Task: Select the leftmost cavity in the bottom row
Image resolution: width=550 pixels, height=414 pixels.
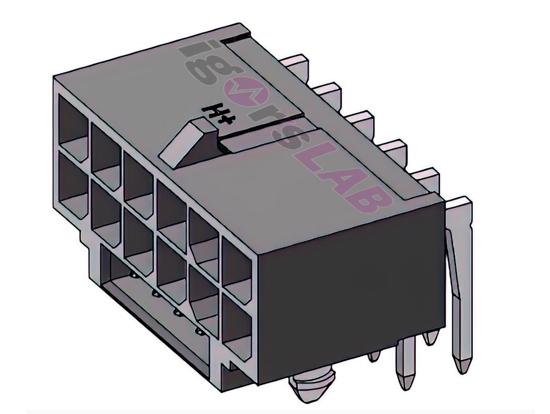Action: click(x=73, y=184)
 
